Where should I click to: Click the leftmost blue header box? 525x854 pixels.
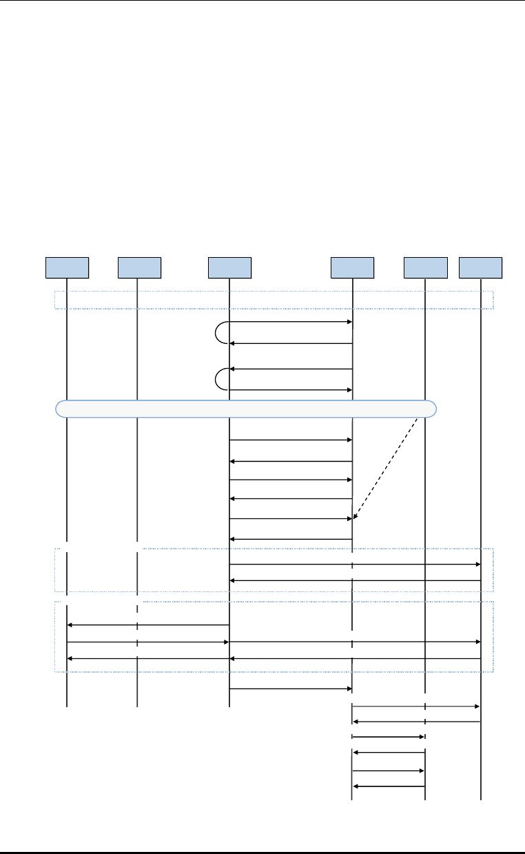pos(67,267)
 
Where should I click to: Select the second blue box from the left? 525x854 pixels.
pos(139,267)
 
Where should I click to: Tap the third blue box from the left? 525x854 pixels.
pos(229,267)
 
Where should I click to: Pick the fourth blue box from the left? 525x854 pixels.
pos(352,267)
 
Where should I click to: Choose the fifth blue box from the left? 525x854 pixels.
pos(425,267)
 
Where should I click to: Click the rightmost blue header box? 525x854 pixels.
pos(481,267)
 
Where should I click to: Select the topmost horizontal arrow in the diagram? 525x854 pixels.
pos(291,322)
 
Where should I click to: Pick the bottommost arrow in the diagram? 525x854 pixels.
pos(389,786)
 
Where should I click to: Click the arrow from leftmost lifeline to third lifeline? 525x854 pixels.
pos(147,642)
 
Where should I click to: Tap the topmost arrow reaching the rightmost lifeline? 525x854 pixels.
pos(354,565)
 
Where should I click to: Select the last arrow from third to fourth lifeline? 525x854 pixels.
pos(291,689)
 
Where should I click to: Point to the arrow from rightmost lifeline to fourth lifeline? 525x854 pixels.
pos(416,722)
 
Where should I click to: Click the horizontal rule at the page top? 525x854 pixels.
pos(262,1)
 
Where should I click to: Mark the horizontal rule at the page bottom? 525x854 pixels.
pos(262,853)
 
